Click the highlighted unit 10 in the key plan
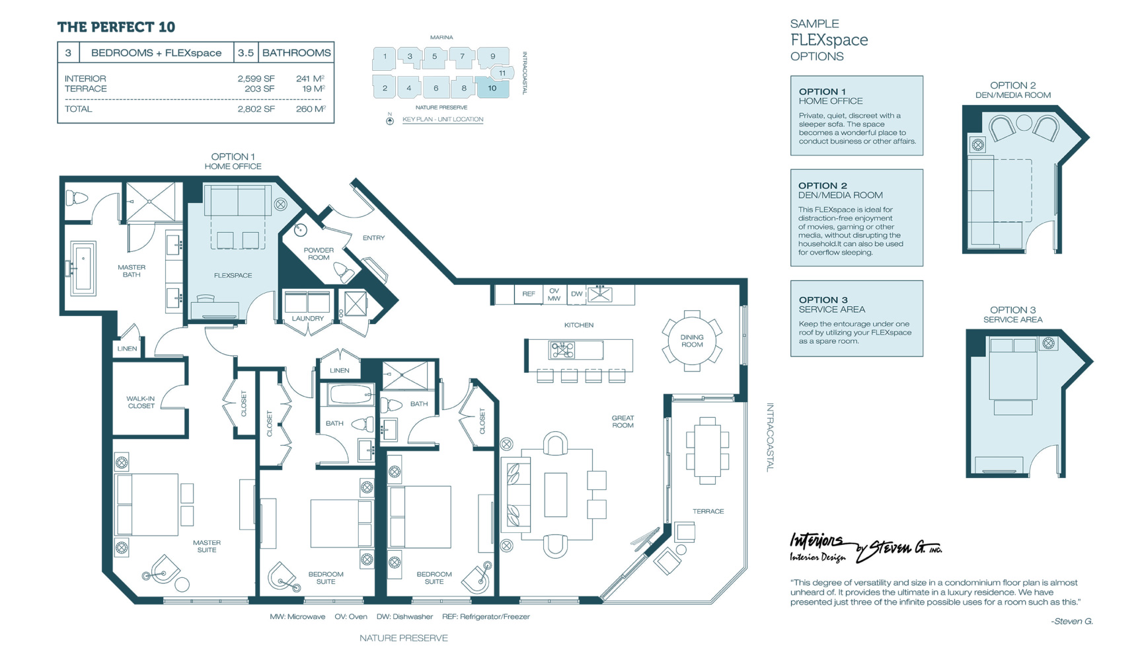tap(492, 88)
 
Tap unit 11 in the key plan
tap(503, 73)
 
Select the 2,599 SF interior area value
tap(256, 79)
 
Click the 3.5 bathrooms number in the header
tap(246, 53)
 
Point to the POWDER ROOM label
tap(319, 254)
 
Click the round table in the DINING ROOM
tap(692, 341)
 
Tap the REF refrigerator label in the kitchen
tap(529, 294)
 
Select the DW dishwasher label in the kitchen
tap(577, 294)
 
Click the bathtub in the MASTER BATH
tap(83, 267)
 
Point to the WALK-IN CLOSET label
tap(141, 402)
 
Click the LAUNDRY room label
tap(308, 319)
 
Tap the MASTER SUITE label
tap(207, 546)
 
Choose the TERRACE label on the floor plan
tap(708, 511)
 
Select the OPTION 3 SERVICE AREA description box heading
tap(831, 304)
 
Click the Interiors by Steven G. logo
tap(866, 548)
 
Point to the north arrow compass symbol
tap(390, 120)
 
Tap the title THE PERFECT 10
tap(116, 27)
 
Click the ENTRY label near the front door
tap(373, 238)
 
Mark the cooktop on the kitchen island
tap(562, 349)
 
